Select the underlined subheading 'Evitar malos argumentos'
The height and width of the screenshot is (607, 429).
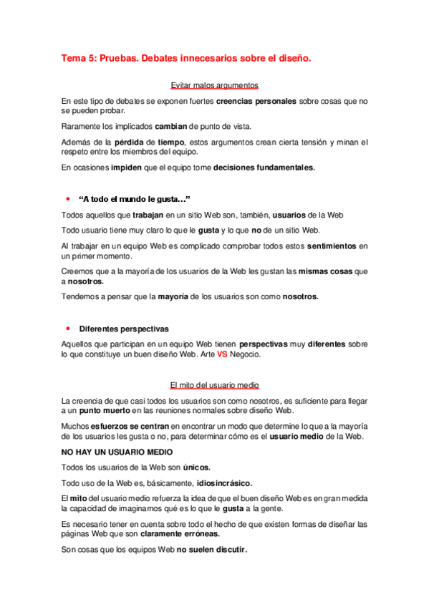point(213,85)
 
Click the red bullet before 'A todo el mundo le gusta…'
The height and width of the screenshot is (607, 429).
point(67,198)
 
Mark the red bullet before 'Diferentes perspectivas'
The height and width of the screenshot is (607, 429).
point(67,328)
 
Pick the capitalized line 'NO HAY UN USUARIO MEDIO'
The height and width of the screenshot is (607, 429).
point(117,452)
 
